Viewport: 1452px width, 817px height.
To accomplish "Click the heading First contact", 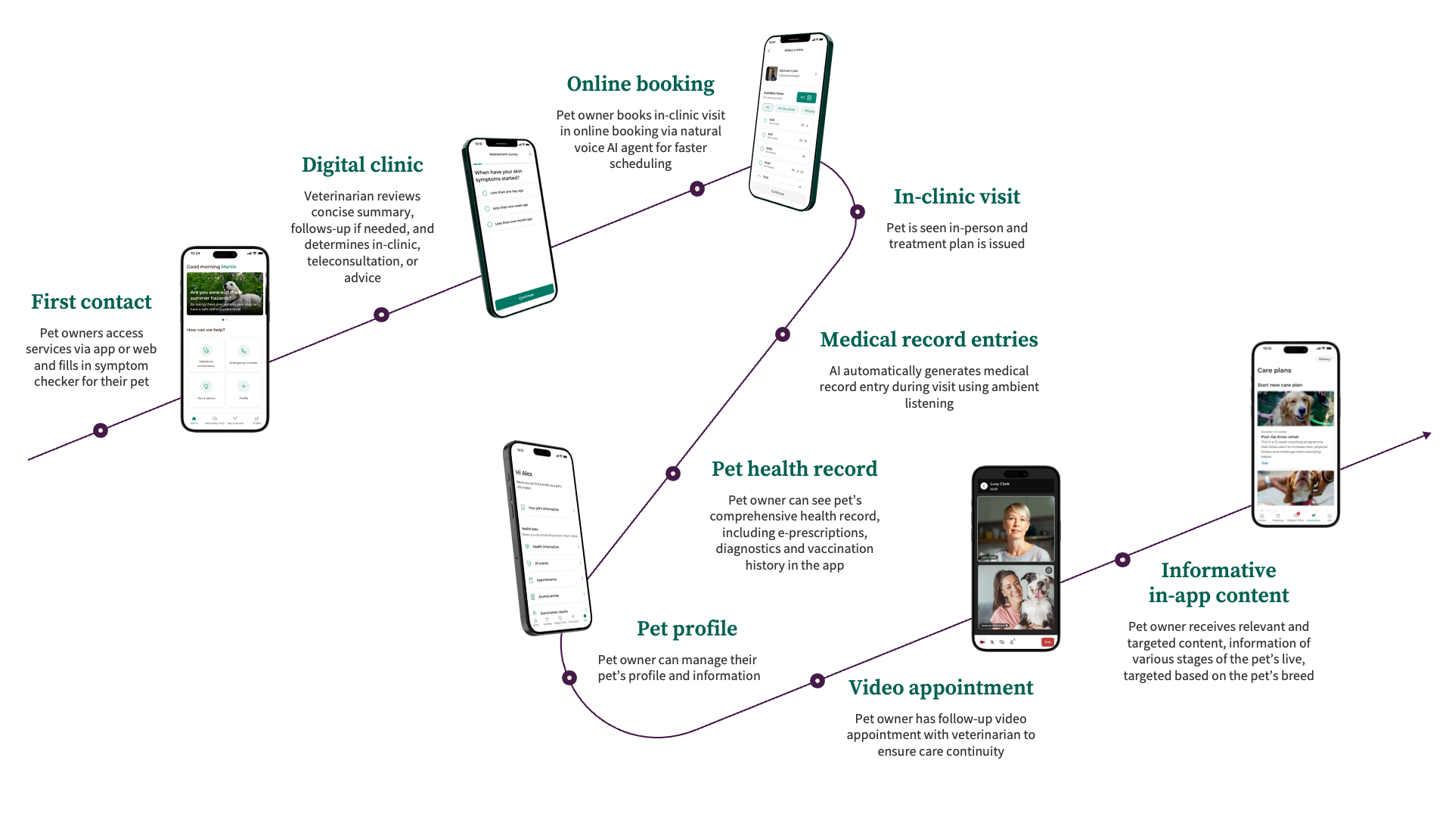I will point(92,302).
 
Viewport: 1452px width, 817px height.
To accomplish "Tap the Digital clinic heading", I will point(362,165).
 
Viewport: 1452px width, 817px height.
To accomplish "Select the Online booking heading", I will point(641,84).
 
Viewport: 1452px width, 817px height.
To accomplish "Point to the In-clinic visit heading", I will point(957,197).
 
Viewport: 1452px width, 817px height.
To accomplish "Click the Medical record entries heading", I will point(929,340).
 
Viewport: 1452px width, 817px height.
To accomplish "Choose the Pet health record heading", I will point(794,469).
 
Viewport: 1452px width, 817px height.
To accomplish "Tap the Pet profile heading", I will point(687,629).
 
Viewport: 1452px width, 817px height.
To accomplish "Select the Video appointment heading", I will point(941,688).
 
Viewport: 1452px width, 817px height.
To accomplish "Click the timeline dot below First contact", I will point(101,430).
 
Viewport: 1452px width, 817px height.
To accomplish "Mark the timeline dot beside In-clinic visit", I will point(858,212).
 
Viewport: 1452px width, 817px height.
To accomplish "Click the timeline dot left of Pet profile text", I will point(569,678).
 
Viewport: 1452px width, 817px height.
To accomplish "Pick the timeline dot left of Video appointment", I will point(818,681).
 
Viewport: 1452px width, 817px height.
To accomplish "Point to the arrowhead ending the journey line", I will point(1427,435).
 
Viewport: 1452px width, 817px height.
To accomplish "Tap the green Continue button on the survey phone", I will point(525,297).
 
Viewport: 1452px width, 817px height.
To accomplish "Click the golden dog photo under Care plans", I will point(1295,409).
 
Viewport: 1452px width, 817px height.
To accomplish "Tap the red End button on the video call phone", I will point(1047,642).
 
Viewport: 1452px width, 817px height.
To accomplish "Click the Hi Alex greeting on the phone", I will point(524,473).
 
